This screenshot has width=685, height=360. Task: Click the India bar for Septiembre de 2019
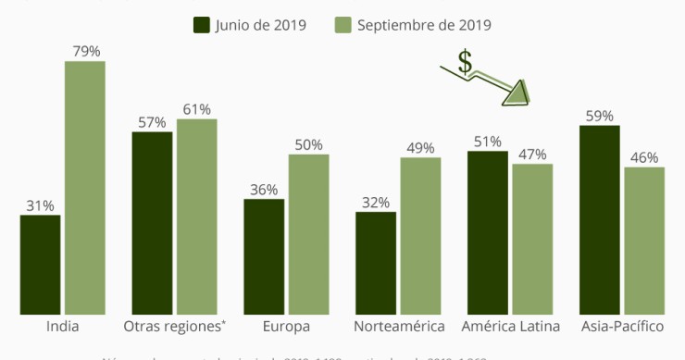coord(84,188)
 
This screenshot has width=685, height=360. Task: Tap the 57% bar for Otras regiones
coord(152,223)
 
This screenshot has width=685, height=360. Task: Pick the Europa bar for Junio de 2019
coord(264,256)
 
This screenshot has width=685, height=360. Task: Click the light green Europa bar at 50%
coord(308,234)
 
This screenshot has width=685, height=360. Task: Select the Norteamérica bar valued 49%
coord(420,236)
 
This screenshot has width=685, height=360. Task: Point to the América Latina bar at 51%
coord(487,232)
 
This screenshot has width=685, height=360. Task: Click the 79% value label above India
coord(84,50)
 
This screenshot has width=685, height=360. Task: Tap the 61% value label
coord(196,108)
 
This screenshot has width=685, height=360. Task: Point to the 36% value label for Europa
coord(264,189)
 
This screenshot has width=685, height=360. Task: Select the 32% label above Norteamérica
coord(376,202)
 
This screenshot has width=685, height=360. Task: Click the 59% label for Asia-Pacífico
coord(599,115)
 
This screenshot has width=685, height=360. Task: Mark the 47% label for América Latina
coord(532,154)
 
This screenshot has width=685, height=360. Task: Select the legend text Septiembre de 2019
coord(423,25)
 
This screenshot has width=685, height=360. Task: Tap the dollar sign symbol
coord(466,62)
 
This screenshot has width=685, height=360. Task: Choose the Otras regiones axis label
coord(174,327)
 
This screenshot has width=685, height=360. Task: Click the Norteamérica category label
coord(398,327)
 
